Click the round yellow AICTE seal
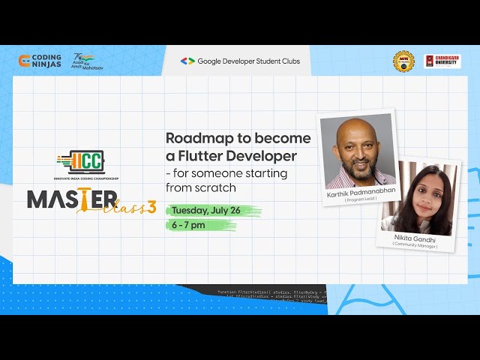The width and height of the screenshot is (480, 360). tap(403, 61)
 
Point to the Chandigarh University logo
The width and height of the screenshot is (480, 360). tap(442, 61)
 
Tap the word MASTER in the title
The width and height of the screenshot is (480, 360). tap(72, 199)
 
